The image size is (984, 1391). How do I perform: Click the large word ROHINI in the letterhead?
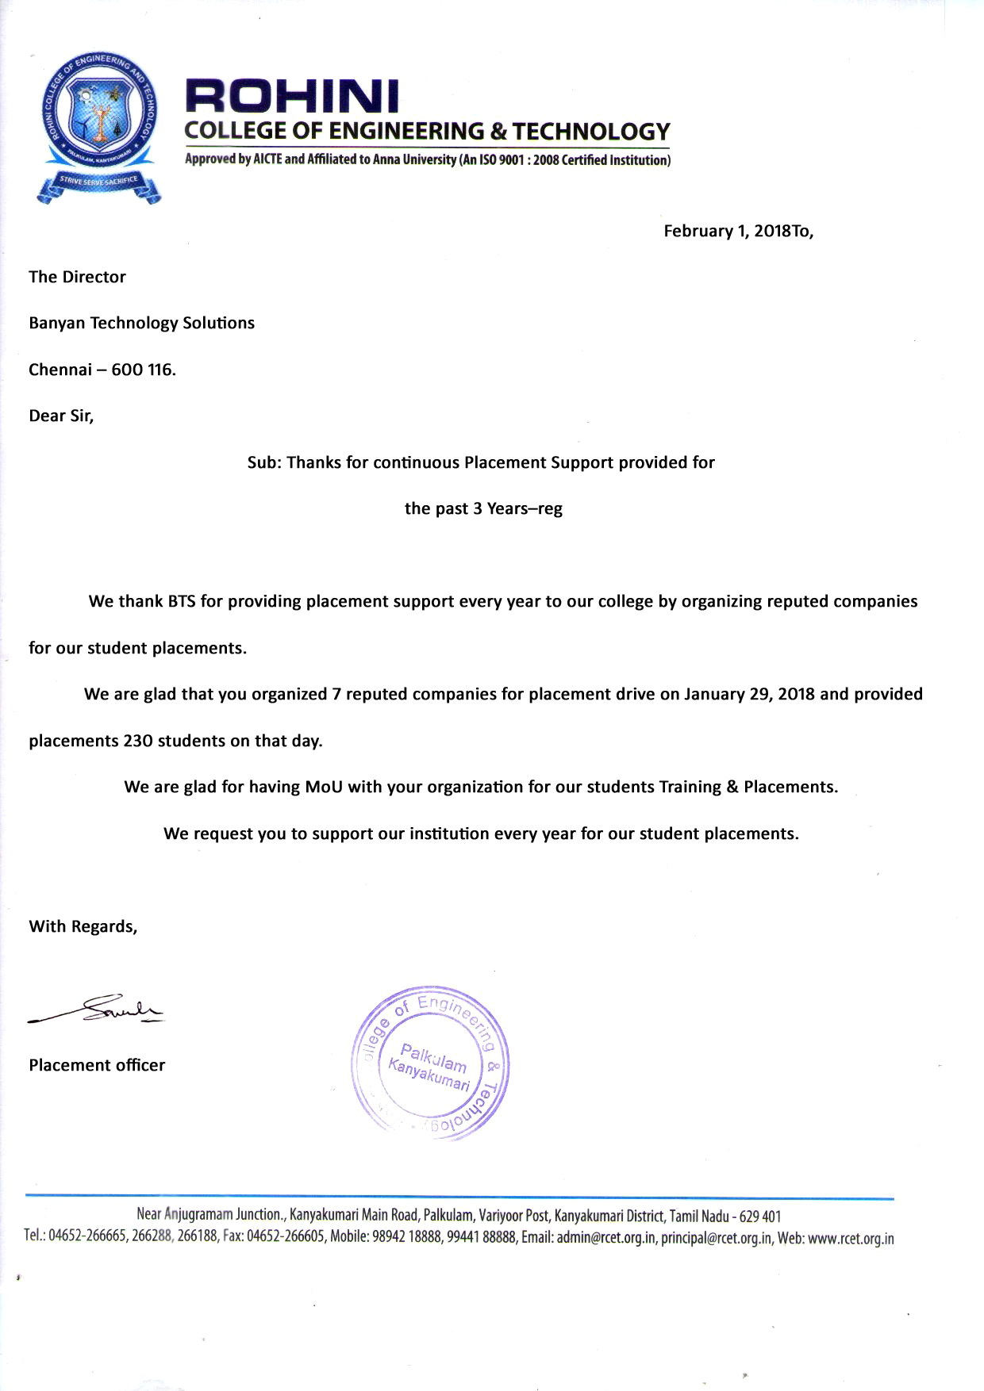tap(292, 98)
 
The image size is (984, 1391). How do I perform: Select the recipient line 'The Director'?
tap(77, 277)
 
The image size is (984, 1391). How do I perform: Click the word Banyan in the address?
tap(56, 324)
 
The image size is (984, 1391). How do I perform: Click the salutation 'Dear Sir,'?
tap(61, 416)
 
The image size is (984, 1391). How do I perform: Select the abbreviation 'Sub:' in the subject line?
tap(264, 462)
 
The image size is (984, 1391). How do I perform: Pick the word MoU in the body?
tap(324, 787)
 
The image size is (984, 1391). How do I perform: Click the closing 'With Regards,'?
tap(83, 926)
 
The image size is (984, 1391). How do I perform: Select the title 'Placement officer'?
tap(97, 1065)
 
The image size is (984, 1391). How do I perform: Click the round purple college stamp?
tap(429, 1062)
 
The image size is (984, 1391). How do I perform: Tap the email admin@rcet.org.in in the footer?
tap(605, 1239)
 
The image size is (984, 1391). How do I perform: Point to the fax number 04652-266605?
tap(285, 1239)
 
